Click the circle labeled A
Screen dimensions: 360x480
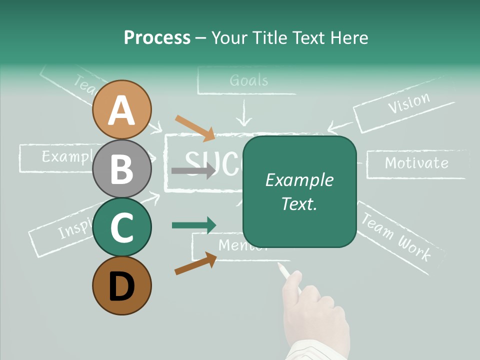pos(121,109)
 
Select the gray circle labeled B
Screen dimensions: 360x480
pos(121,168)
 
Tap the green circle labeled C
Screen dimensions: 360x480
pos(121,227)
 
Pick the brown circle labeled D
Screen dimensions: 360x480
pos(121,286)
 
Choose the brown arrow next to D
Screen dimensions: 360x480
pos(195,263)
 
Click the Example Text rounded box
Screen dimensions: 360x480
pos(299,191)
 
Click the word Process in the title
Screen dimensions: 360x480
pos(157,37)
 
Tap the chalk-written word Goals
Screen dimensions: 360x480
pos(249,80)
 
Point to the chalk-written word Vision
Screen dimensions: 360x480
pos(409,103)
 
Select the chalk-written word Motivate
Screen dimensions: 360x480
pos(416,163)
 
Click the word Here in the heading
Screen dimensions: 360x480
pos(349,37)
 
